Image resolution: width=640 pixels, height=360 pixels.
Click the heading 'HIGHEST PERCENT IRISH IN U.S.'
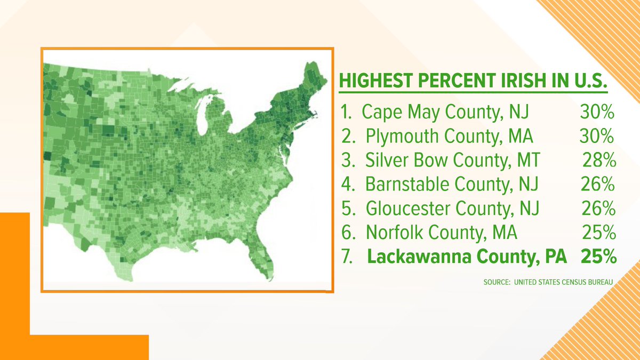(474, 84)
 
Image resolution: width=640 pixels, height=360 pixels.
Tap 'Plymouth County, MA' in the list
(450, 137)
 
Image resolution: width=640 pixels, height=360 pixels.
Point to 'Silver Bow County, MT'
(452, 161)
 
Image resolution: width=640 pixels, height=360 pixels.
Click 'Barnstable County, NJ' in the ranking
(452, 185)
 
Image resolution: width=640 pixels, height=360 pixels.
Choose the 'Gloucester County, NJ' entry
(452, 209)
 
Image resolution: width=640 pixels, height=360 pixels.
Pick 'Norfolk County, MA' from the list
(442, 233)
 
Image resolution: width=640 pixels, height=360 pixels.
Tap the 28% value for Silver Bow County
(599, 161)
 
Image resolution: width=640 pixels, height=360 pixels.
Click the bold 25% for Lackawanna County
(599, 257)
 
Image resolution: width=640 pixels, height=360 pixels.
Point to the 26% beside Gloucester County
(598, 209)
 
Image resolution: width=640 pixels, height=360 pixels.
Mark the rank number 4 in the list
(347, 185)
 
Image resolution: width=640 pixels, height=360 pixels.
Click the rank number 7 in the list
(347, 257)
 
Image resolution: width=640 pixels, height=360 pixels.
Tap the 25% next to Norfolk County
(599, 233)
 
